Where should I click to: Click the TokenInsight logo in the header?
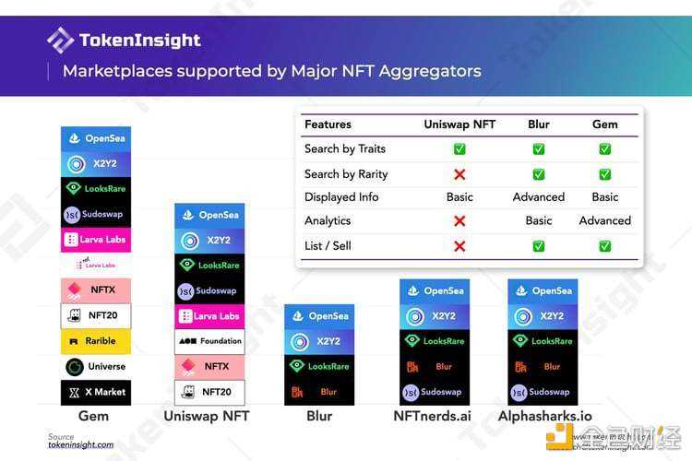124,41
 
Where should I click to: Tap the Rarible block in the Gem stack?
96,341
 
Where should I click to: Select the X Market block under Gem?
96,392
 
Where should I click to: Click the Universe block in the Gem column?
96,367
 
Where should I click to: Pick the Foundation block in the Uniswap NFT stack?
209,341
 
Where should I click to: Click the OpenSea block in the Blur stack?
318,316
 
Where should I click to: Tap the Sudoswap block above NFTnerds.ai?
434,392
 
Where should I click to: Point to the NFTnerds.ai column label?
433,417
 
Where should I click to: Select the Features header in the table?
328,124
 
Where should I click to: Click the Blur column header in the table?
539,124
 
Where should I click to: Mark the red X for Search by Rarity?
459,174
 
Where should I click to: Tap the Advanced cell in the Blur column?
539,197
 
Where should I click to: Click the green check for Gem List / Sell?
605,246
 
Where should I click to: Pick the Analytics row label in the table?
328,221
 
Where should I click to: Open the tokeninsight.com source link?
81,444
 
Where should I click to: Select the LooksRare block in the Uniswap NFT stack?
209,266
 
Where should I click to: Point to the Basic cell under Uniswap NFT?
459,197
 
